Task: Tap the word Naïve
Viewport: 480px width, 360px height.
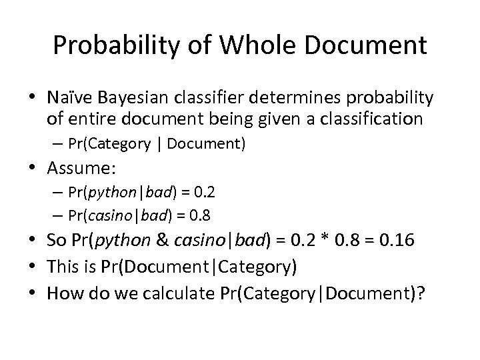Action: coord(70,99)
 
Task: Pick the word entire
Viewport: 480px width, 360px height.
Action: coord(90,119)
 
